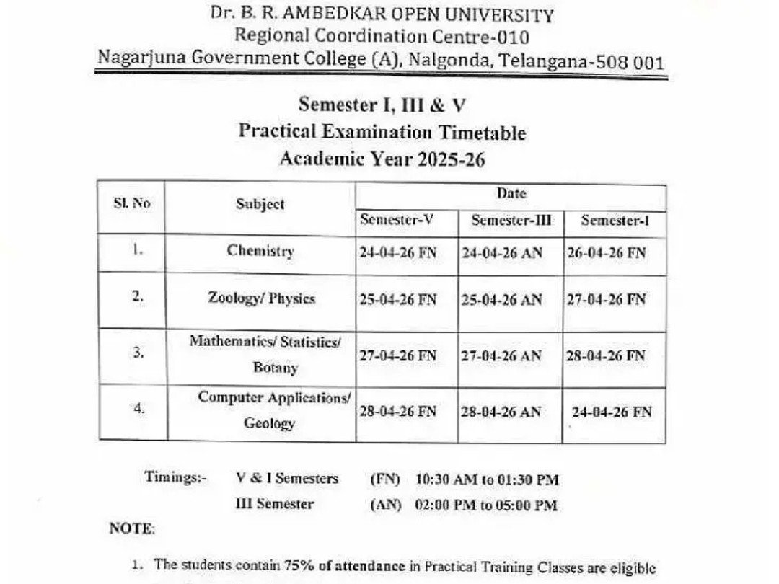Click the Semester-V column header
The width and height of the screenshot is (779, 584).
[x=397, y=221]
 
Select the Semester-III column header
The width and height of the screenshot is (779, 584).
[x=511, y=221]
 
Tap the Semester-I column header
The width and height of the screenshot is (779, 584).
[x=615, y=221]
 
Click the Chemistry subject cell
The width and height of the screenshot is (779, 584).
[x=260, y=251]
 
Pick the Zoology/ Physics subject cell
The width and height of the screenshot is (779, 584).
[x=261, y=298]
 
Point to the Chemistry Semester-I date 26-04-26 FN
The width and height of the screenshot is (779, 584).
[x=606, y=253]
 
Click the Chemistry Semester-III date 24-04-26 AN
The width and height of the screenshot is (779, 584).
[x=501, y=253]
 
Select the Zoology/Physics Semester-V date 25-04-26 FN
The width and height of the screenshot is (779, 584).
[x=397, y=300]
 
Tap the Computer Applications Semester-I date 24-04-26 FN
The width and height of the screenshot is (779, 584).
[x=612, y=412]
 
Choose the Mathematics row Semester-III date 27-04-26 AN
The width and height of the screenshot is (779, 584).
[x=501, y=356]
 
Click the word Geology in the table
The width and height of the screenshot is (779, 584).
[x=269, y=423]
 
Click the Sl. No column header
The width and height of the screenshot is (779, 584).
[x=132, y=203]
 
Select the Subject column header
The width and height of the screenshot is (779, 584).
[x=260, y=204]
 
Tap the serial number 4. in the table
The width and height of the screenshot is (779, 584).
[x=138, y=408]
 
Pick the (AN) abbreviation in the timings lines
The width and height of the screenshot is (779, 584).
[x=386, y=505]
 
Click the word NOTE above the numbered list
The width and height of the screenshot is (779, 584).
[x=132, y=528]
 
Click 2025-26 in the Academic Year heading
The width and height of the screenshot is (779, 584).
[x=451, y=159]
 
